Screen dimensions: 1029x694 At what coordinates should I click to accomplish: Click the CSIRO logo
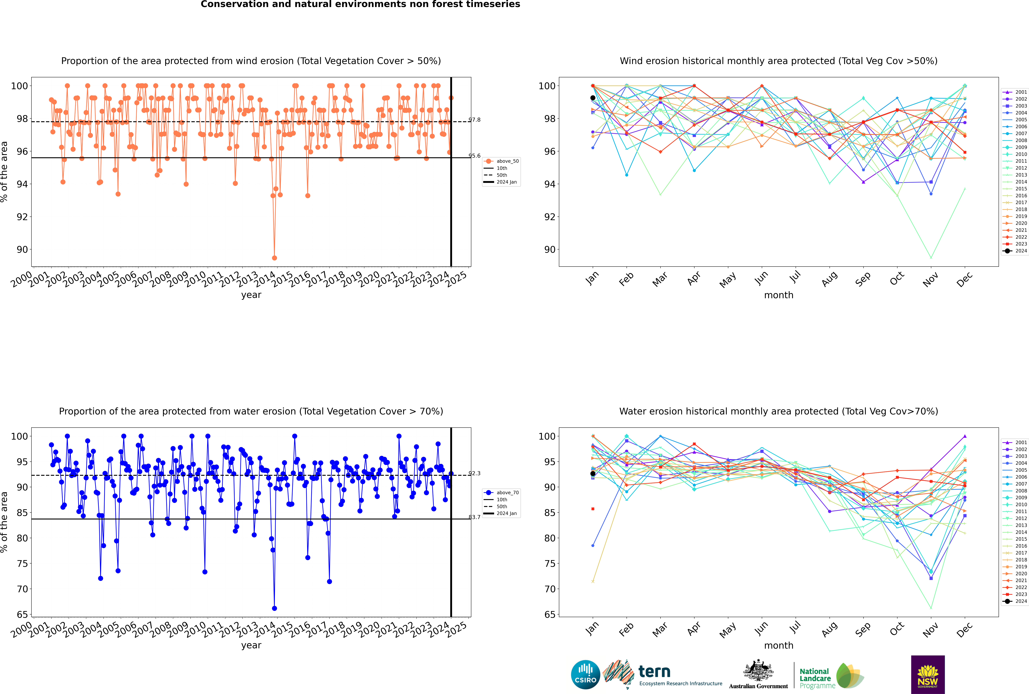coord(585,675)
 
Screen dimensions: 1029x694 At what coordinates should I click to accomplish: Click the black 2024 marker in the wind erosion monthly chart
coord(593,98)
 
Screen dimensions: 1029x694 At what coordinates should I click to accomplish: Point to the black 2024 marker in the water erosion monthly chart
coord(593,474)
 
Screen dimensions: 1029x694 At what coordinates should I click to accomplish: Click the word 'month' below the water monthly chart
coord(779,645)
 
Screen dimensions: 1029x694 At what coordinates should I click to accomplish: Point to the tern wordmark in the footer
coord(654,672)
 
